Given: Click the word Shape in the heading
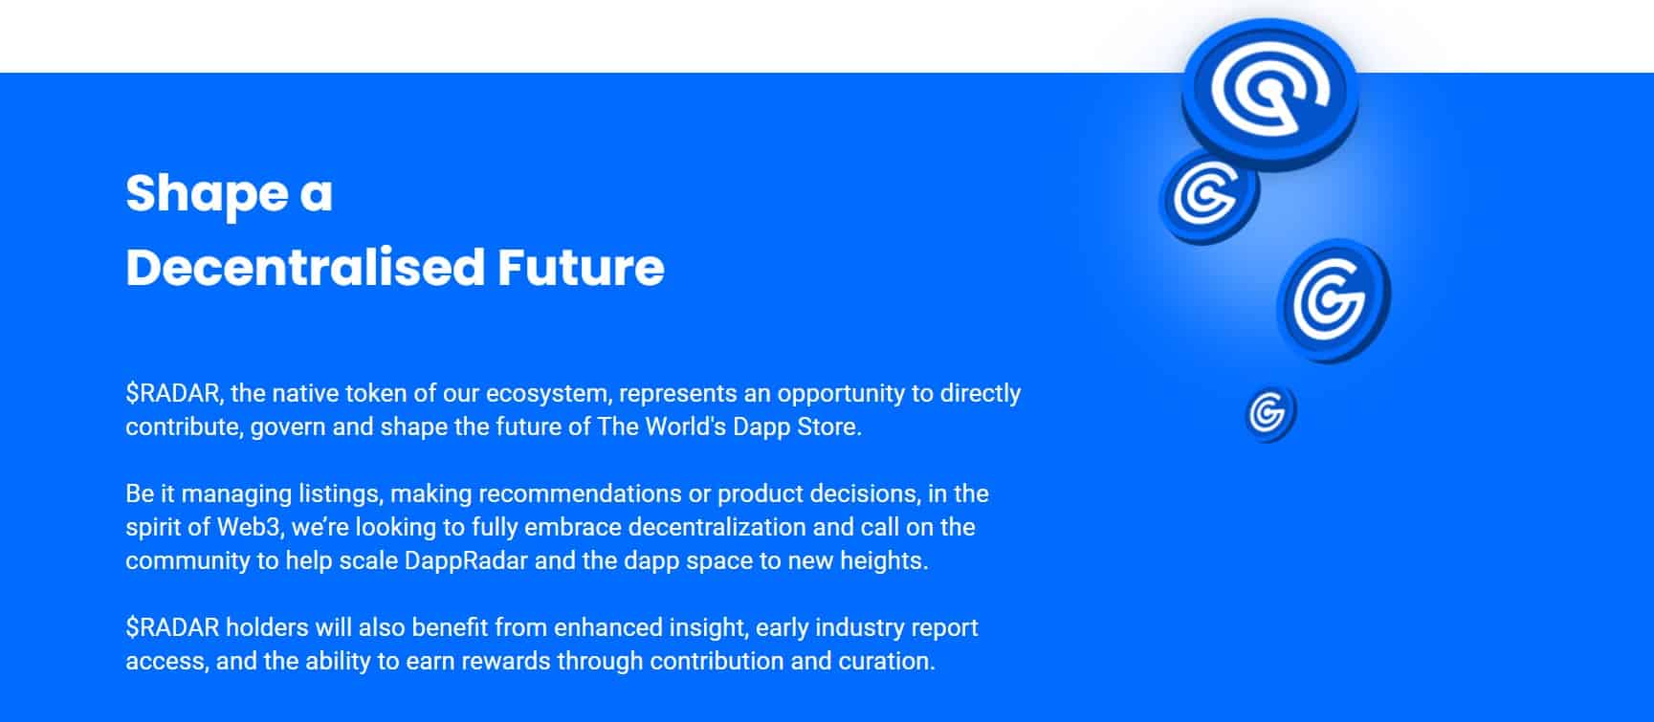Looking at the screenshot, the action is point(207,195).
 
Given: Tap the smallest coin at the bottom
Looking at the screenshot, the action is point(1270,413).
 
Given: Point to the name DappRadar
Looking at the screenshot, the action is point(466,561).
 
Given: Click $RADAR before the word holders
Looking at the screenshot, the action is point(172,627).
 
